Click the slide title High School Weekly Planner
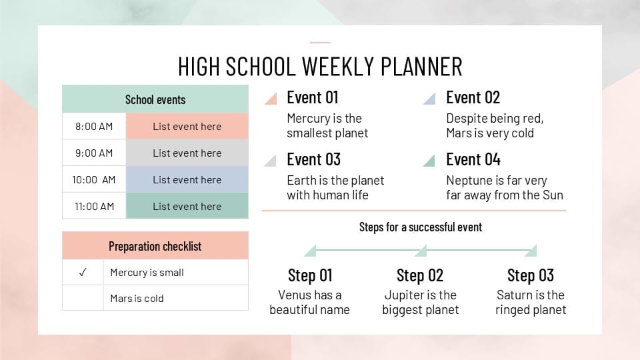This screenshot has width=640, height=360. (x=320, y=67)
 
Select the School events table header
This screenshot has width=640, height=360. (x=155, y=99)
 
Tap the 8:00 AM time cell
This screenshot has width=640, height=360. (x=94, y=126)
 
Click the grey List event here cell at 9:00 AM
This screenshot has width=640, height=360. (x=187, y=153)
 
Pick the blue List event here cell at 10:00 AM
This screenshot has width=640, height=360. (x=187, y=179)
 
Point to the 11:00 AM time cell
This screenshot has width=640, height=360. (x=94, y=206)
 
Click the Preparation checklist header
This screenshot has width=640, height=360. (x=155, y=246)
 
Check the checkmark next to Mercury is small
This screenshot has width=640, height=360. (x=83, y=272)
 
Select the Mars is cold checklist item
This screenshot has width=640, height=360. (x=137, y=298)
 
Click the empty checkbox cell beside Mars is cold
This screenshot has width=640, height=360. (x=83, y=298)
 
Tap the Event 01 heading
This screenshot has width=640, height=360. (x=313, y=97)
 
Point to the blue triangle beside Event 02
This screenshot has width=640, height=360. (x=431, y=100)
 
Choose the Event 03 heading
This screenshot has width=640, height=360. (x=313, y=159)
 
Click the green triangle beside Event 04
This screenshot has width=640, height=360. (x=431, y=162)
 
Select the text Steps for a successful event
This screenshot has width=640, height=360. (x=420, y=227)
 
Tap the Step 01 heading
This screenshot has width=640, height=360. (x=310, y=275)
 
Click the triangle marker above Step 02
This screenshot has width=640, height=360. (x=421, y=251)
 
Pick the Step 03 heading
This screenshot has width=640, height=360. (x=531, y=275)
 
